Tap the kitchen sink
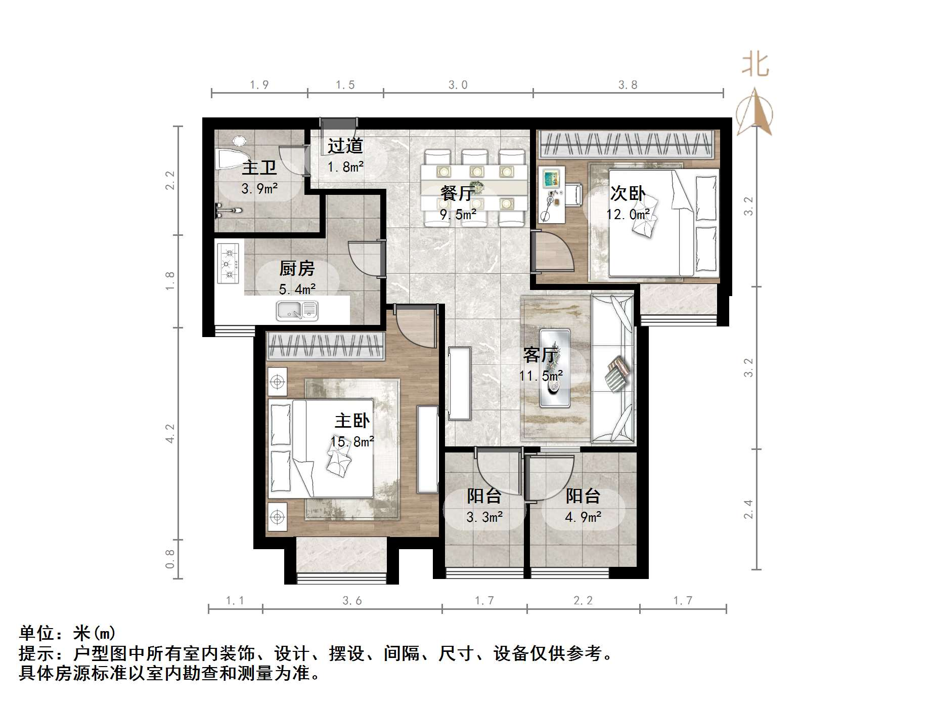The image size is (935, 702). coord(297,310)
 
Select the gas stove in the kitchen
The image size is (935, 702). coord(228,263)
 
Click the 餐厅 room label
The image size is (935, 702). coord(458,193)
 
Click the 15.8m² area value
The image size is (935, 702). coord(352,442)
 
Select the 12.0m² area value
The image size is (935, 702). coord(628,215)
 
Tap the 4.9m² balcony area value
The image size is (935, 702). coord(583,517)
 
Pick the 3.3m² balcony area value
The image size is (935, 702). coord(484,517)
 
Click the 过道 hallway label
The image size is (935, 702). coord(345,146)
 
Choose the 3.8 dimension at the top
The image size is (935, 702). coord(628,85)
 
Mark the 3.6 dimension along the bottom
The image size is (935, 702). coord(352,601)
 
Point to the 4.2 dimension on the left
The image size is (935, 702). coord(170,434)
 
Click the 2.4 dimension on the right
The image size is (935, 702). coord(748,509)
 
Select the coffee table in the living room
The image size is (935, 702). coord(555,368)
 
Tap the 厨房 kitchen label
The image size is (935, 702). coord(297,268)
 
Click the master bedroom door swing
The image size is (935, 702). coord(415,326)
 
